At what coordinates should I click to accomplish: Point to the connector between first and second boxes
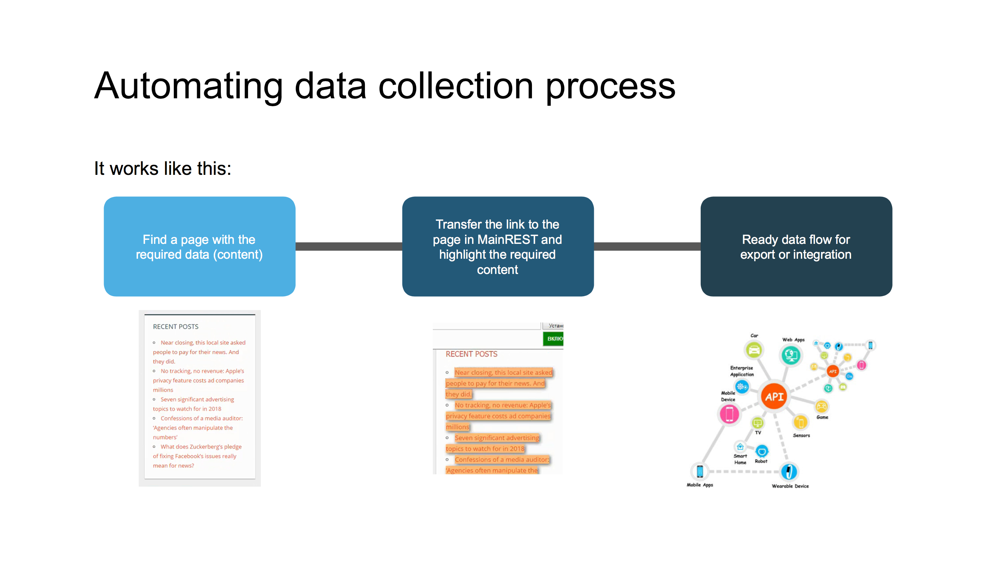point(349,246)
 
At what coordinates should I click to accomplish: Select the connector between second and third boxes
point(647,246)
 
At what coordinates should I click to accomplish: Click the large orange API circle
point(774,396)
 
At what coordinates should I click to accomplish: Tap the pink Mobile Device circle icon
point(729,414)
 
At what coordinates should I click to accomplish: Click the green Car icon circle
point(753,350)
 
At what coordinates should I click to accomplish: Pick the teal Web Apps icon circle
point(791,355)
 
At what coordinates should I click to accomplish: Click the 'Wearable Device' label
point(790,486)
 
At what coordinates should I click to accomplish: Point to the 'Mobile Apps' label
point(700,485)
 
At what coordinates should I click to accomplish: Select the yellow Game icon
point(821,406)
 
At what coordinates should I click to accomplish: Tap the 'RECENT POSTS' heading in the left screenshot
point(176,327)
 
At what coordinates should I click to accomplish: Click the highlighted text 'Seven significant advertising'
point(497,438)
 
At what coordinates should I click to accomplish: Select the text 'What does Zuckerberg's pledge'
point(201,447)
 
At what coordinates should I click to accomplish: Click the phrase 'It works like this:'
point(163,168)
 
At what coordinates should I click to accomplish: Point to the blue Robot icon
point(762,451)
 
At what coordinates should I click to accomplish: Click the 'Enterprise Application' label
point(741,371)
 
